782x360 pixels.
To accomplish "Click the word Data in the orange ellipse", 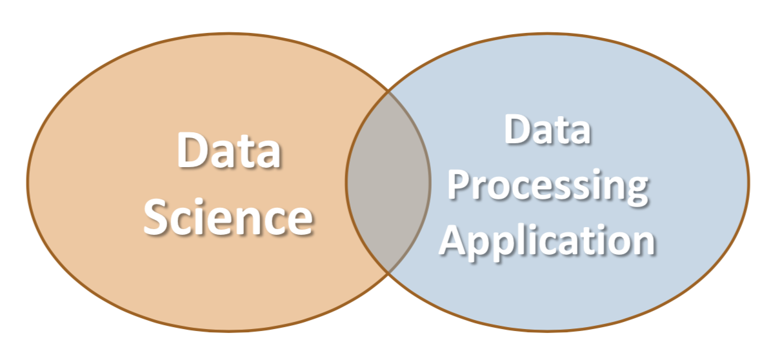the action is [x=229, y=150].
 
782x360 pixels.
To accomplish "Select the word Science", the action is [x=228, y=217].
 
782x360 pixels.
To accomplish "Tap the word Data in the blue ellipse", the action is [x=547, y=129].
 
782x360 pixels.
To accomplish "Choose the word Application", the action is [x=546, y=242].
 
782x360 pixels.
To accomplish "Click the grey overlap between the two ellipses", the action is [x=388, y=182].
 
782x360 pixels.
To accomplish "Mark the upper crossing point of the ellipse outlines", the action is [x=388, y=92].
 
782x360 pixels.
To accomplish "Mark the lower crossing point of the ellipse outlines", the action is [x=388, y=273].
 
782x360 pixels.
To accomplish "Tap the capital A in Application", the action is [x=453, y=239].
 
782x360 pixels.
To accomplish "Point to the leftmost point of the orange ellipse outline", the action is [x=28, y=182].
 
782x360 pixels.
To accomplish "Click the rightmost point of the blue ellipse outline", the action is [x=749, y=182].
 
